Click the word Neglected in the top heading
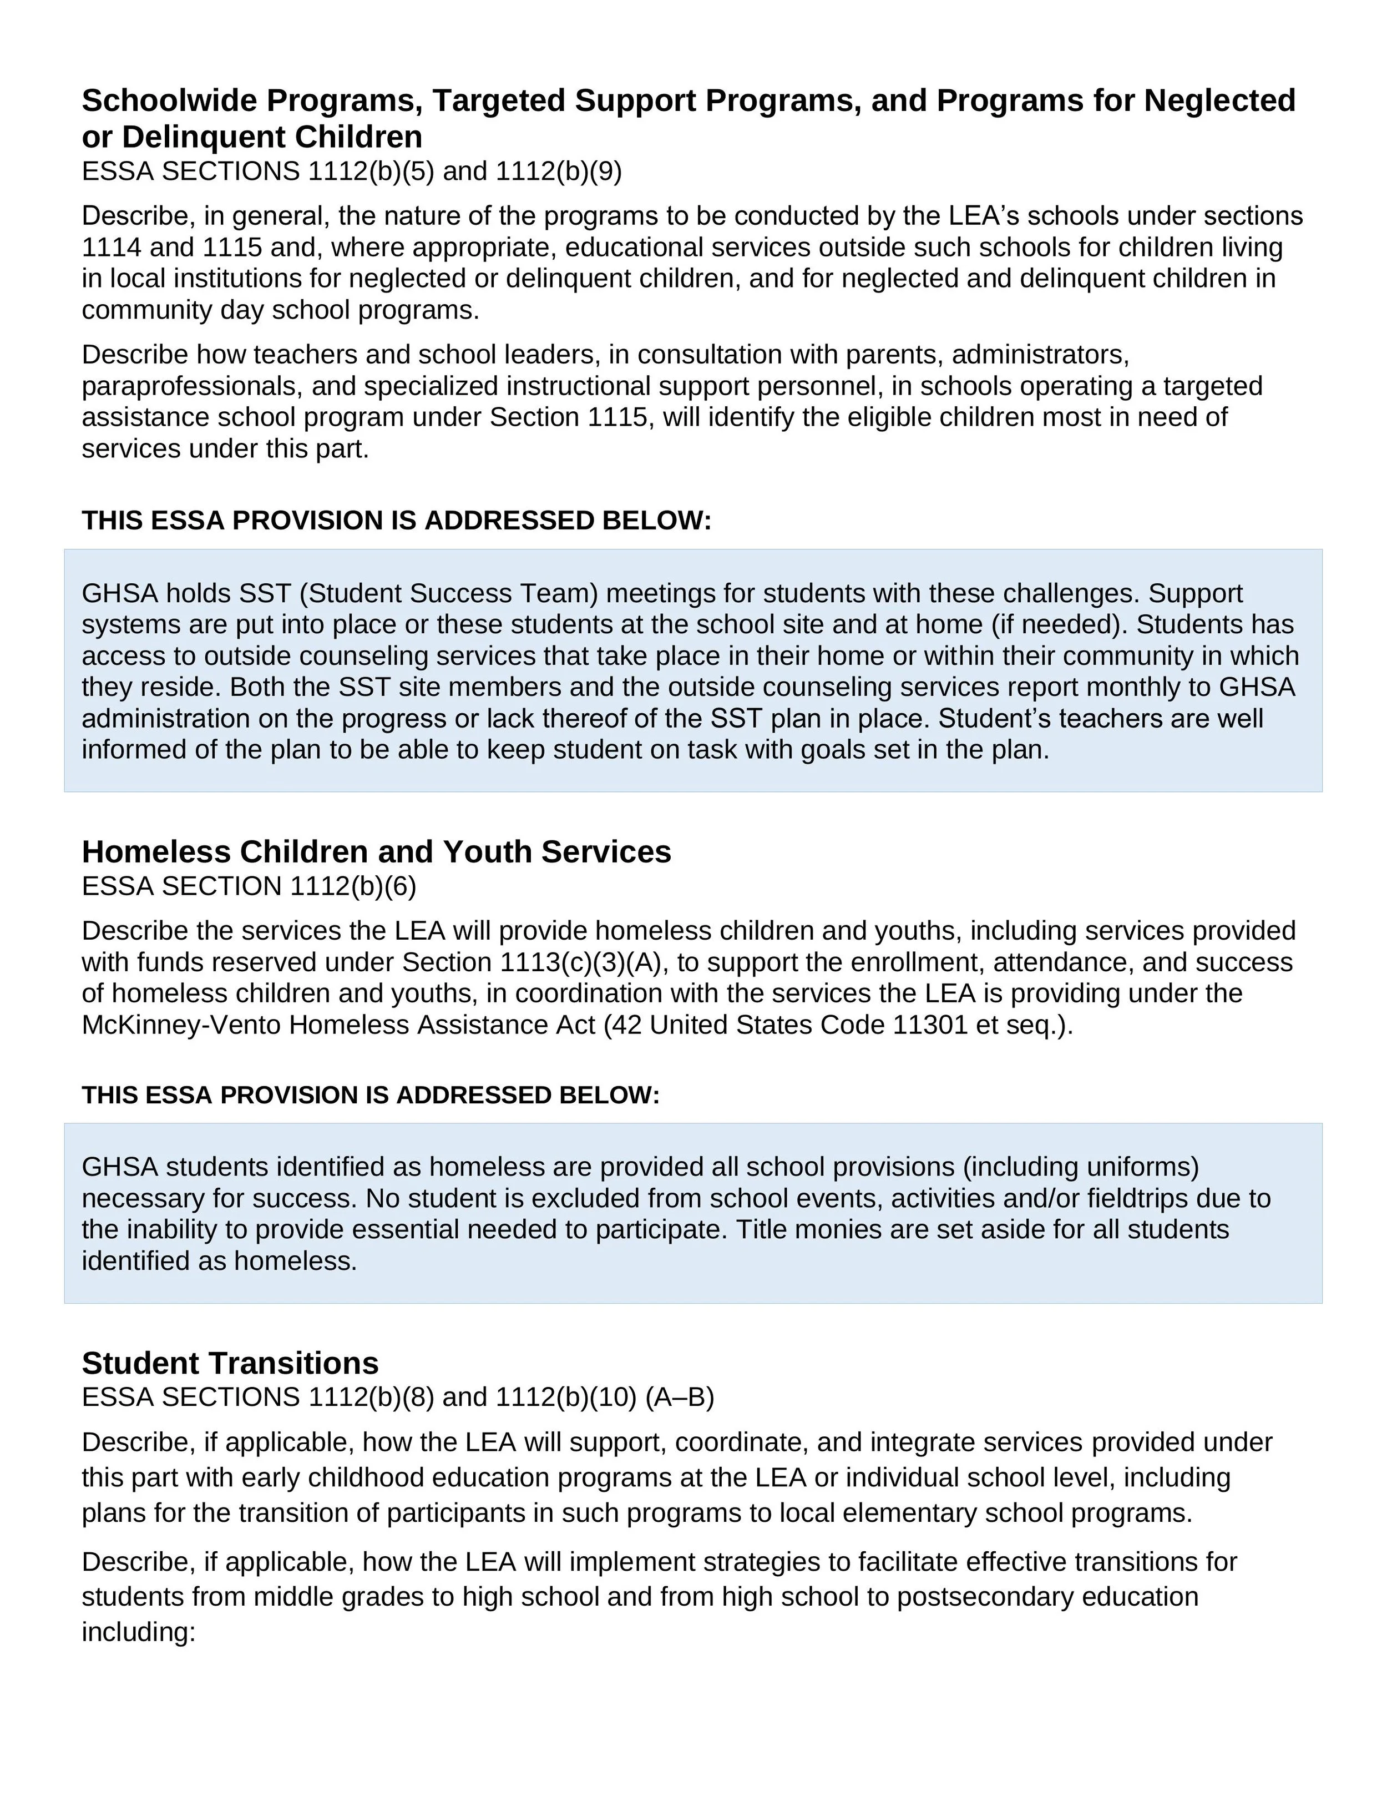pos(1219,100)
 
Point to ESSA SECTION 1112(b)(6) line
pos(249,886)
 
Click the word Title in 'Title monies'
pos(761,1229)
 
